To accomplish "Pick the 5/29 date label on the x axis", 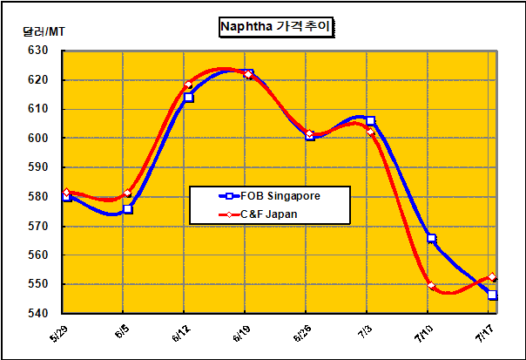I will pyautogui.click(x=58, y=335).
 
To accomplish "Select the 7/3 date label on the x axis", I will pyautogui.click(x=365, y=333).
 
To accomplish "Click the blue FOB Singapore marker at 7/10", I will pyautogui.click(x=432, y=238).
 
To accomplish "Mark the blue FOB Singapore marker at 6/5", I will pyautogui.click(x=128, y=209).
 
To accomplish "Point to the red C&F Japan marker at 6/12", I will pyautogui.click(x=188, y=85).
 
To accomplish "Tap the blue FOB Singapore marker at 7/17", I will pyautogui.click(x=493, y=295).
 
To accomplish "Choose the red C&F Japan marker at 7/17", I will pyautogui.click(x=493, y=277).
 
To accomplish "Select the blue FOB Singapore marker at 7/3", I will pyautogui.click(x=371, y=120).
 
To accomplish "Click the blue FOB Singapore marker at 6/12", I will pyautogui.click(x=188, y=98).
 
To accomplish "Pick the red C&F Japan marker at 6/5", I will pyautogui.click(x=128, y=193).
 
